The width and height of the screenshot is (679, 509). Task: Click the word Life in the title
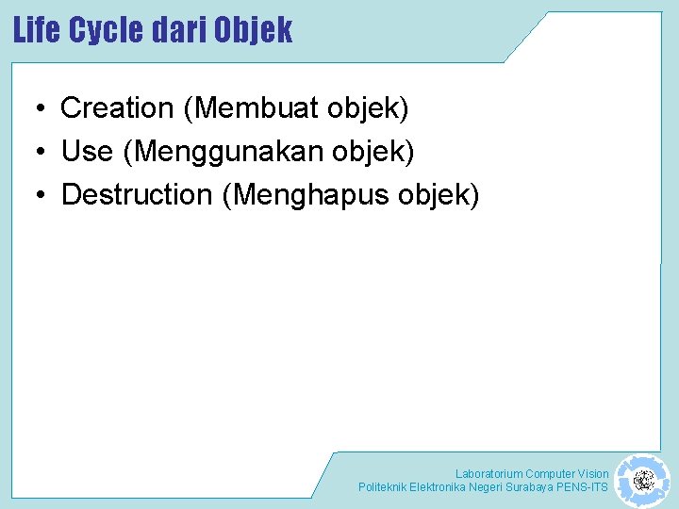click(38, 30)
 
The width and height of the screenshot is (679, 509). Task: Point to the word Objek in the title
click(253, 30)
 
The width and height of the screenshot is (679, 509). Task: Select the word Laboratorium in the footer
click(489, 473)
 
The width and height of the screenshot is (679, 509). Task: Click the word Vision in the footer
click(593, 473)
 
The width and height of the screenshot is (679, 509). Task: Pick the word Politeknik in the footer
click(382, 487)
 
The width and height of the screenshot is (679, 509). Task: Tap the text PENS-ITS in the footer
click(584, 487)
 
